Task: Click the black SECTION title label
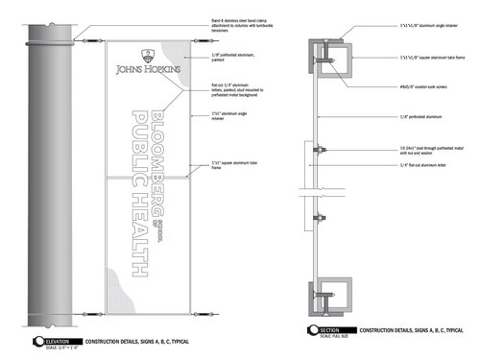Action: pyautogui.click(x=331, y=328)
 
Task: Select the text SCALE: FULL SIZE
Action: pyautogui.click(x=332, y=336)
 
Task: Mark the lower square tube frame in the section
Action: pyautogui.click(x=332, y=294)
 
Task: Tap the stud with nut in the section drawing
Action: pyautogui.click(x=321, y=148)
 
